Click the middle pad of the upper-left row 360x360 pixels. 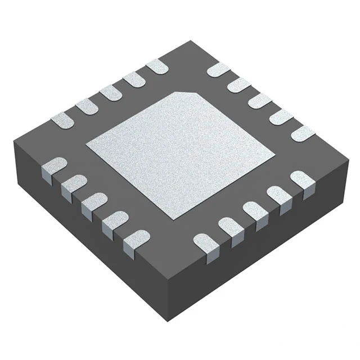(x=110, y=93)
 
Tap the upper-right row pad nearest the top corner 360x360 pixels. (x=218, y=70)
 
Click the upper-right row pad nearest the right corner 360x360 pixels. (x=303, y=133)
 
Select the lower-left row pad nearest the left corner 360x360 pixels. (x=55, y=167)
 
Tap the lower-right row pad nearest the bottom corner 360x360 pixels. (x=205, y=243)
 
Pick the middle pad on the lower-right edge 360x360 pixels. (x=254, y=210)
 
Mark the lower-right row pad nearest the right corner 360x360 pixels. (x=301, y=181)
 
